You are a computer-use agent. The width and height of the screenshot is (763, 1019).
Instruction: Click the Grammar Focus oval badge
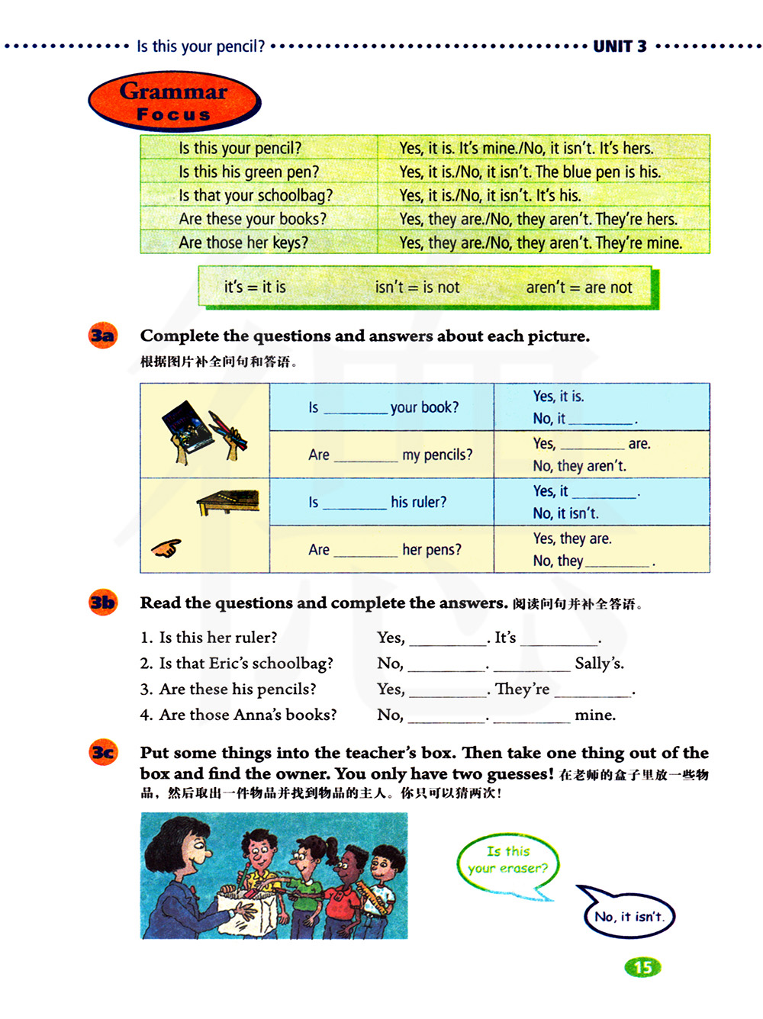point(174,101)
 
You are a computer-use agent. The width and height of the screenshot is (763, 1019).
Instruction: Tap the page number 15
point(642,967)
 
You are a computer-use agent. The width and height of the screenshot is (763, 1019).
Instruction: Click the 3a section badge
point(103,336)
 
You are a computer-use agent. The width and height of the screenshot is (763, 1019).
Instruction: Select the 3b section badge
point(103,603)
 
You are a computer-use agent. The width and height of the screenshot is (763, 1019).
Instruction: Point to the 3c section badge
point(103,753)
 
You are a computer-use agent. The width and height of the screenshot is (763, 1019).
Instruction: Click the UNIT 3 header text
point(620,47)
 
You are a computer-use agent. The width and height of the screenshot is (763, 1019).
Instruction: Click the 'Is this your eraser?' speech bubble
point(507,860)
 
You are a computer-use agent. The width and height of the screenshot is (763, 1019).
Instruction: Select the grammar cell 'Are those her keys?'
point(243,243)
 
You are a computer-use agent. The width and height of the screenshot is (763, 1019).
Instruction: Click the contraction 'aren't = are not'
point(579,288)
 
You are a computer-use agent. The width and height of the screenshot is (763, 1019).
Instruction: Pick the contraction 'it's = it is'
point(255,287)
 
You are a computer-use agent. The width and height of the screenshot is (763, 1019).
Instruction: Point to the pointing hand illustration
point(166,548)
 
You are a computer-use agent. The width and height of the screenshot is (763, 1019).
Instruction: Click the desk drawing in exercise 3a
point(228,501)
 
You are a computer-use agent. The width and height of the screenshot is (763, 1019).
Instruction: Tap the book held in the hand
point(188,426)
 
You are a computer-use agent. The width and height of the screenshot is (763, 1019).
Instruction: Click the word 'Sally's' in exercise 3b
point(599,664)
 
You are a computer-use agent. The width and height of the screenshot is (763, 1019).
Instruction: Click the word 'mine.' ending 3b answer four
point(595,715)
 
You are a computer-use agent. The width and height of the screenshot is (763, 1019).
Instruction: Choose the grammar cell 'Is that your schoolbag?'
point(256,195)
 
